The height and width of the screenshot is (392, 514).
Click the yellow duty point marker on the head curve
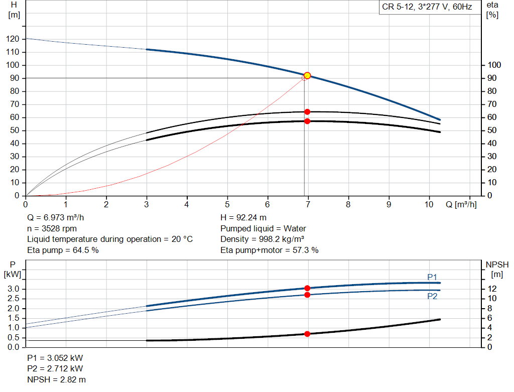307,76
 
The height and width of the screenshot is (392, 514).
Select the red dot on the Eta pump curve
307,112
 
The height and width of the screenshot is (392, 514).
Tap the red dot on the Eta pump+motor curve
307,121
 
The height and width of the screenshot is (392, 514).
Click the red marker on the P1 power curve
307,288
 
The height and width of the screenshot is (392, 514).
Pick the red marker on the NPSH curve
307,334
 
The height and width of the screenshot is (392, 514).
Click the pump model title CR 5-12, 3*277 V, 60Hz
427,8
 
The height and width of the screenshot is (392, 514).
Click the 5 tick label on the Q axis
227,204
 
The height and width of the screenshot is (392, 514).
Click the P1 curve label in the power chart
432,277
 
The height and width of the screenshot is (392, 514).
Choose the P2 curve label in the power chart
432,296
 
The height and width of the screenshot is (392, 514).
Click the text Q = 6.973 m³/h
59,218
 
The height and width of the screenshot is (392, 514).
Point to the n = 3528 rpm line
52,228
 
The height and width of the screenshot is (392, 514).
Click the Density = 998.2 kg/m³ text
263,239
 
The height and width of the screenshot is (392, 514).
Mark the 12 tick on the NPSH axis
494,289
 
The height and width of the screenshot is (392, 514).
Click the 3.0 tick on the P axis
15,289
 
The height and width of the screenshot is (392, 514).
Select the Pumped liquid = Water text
263,228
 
